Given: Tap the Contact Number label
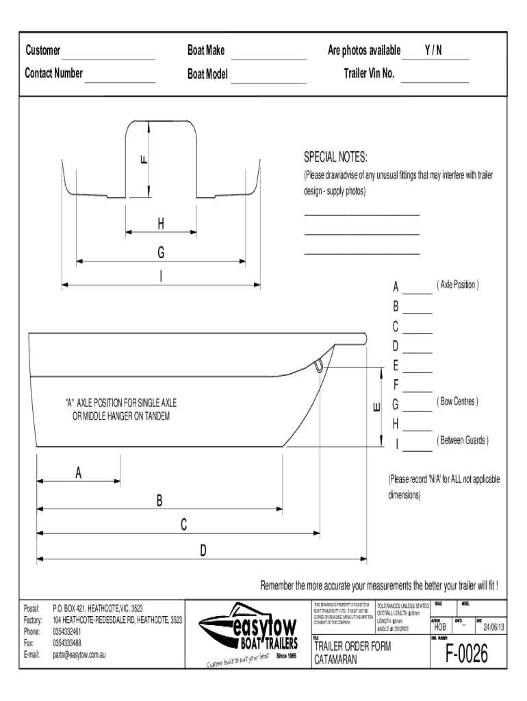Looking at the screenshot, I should pos(54,73).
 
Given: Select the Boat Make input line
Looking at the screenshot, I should pos(268,57).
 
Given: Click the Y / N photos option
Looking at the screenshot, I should pos(433,51).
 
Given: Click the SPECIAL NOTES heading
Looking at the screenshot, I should pos(335,157).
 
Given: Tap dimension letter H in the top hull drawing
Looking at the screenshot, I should pos(161,223).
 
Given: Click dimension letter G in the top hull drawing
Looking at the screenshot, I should pos(161,253).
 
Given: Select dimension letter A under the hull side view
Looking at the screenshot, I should pos(79,472).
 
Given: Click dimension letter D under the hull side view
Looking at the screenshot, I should pos(203,550).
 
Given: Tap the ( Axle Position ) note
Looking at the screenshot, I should pos(457,284).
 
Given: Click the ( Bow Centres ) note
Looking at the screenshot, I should pos(457,401).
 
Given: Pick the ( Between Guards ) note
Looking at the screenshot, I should pos(462,440).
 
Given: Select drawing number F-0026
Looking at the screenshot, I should pos(467,655).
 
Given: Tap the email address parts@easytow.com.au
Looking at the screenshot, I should pos(79,654).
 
